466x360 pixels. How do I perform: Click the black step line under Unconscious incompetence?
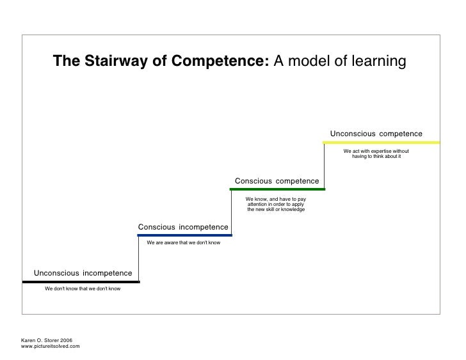coord(81,281)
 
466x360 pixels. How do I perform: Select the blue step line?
coord(184,235)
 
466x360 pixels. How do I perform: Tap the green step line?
coord(277,189)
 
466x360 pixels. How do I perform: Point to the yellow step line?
coord(382,142)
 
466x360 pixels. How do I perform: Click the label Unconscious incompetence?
coord(83,273)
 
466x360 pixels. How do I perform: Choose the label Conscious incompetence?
coord(183,227)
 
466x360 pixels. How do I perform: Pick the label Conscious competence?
coord(277,181)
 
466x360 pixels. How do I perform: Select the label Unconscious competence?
coord(376,134)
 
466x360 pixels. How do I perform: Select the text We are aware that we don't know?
coord(184,243)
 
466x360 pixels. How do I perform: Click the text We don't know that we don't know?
coord(83,289)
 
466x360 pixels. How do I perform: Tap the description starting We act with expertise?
coord(376,153)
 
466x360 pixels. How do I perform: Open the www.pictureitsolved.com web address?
coord(51,346)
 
